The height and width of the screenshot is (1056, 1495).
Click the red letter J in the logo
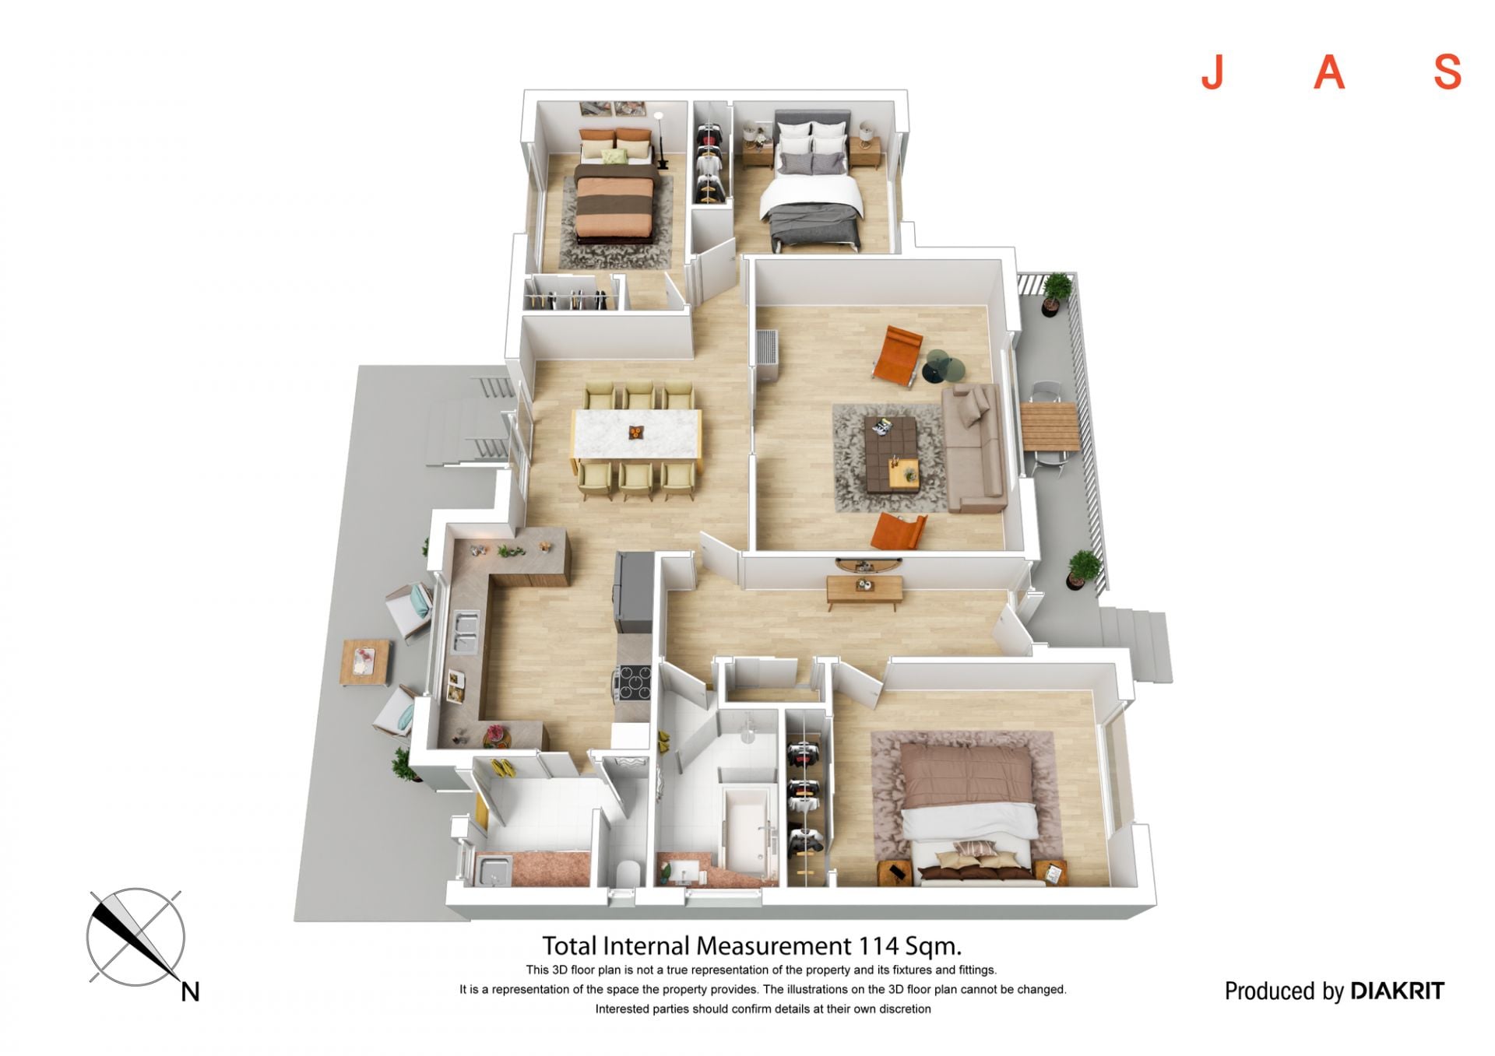click(1212, 72)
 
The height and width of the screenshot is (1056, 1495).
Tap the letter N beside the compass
click(190, 991)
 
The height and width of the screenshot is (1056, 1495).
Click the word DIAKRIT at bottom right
click(1398, 991)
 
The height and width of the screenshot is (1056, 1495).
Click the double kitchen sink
click(465, 632)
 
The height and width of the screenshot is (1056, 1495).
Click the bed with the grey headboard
click(814, 181)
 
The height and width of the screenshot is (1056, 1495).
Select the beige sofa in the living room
click(973, 447)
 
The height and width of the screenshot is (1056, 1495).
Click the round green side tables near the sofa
click(944, 367)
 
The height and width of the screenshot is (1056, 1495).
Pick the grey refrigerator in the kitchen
click(634, 591)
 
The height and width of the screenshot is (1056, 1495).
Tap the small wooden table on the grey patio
click(364, 662)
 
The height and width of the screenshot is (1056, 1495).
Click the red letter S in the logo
click(1448, 72)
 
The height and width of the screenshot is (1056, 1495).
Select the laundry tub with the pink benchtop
click(493, 871)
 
